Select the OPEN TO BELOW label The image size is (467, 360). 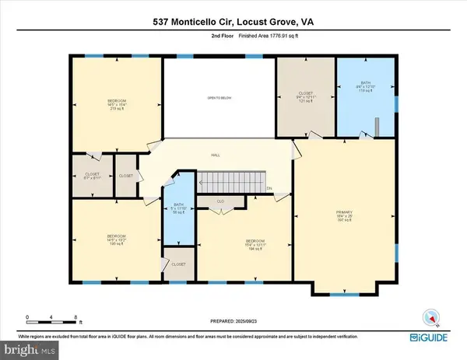[x=219, y=97]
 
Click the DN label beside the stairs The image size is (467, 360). [x=269, y=189]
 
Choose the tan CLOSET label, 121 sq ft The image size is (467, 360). [x=305, y=96]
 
